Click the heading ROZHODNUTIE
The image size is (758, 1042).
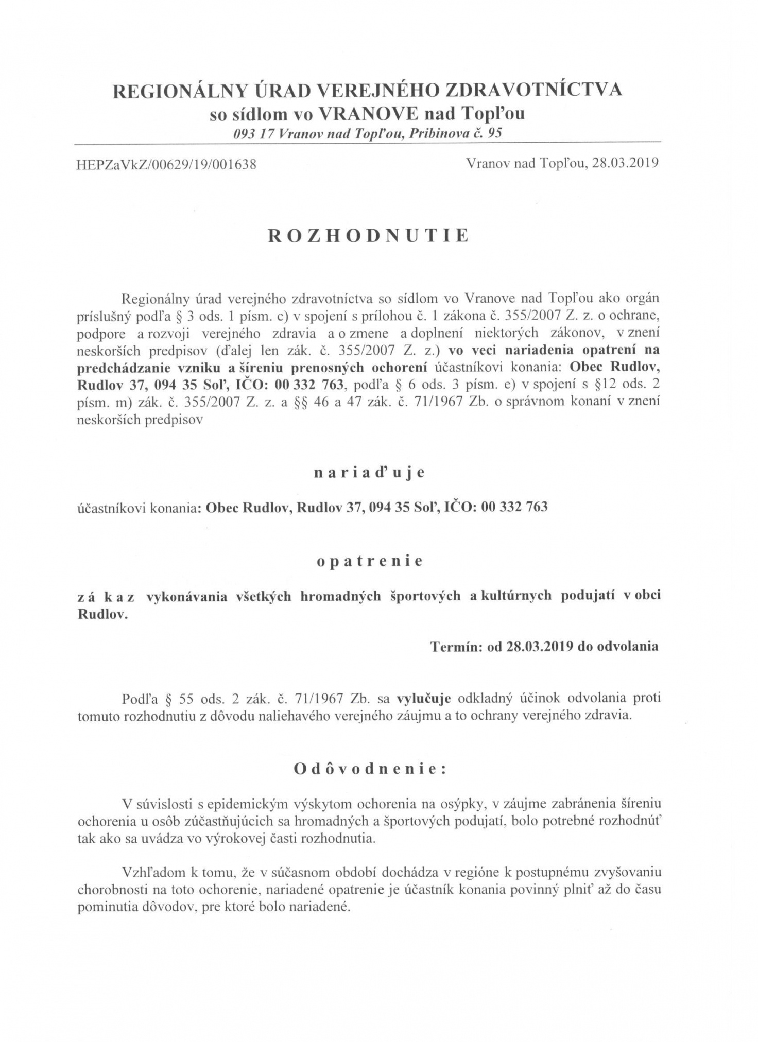point(368,235)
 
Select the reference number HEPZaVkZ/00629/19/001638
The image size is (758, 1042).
point(166,165)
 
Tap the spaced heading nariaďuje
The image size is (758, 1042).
point(369,473)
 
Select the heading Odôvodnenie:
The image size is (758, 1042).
point(369,769)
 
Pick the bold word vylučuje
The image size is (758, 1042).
point(424,699)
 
